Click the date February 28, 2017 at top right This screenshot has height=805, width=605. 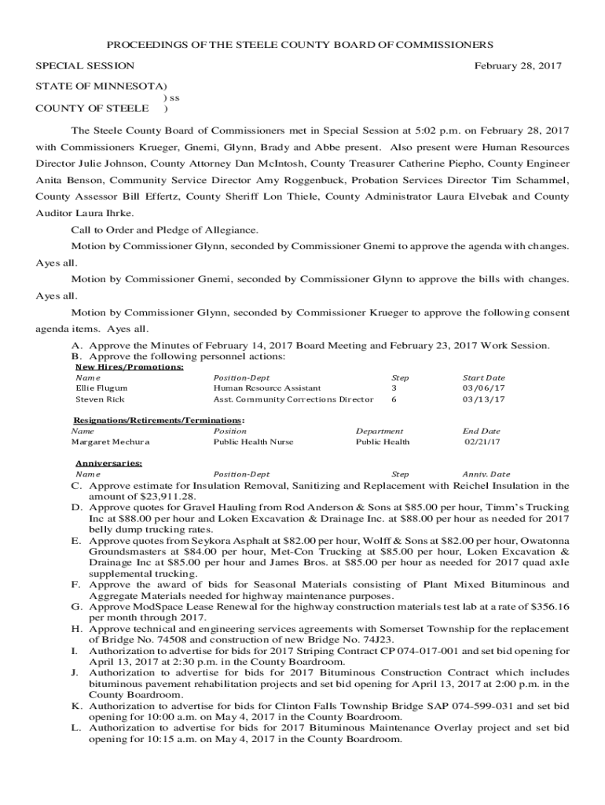point(518,66)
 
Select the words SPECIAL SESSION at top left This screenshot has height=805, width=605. point(85,66)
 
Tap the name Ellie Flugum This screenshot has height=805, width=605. point(101,388)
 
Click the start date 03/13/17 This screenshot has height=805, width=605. point(484,399)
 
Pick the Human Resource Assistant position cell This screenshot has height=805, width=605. point(267,388)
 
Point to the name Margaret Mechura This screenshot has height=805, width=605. point(111,442)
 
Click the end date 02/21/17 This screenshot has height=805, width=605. point(482,442)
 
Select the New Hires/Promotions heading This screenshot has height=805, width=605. point(130,366)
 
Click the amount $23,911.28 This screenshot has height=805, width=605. point(168,497)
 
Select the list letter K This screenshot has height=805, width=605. point(76,706)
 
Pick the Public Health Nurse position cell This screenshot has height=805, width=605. point(253,442)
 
